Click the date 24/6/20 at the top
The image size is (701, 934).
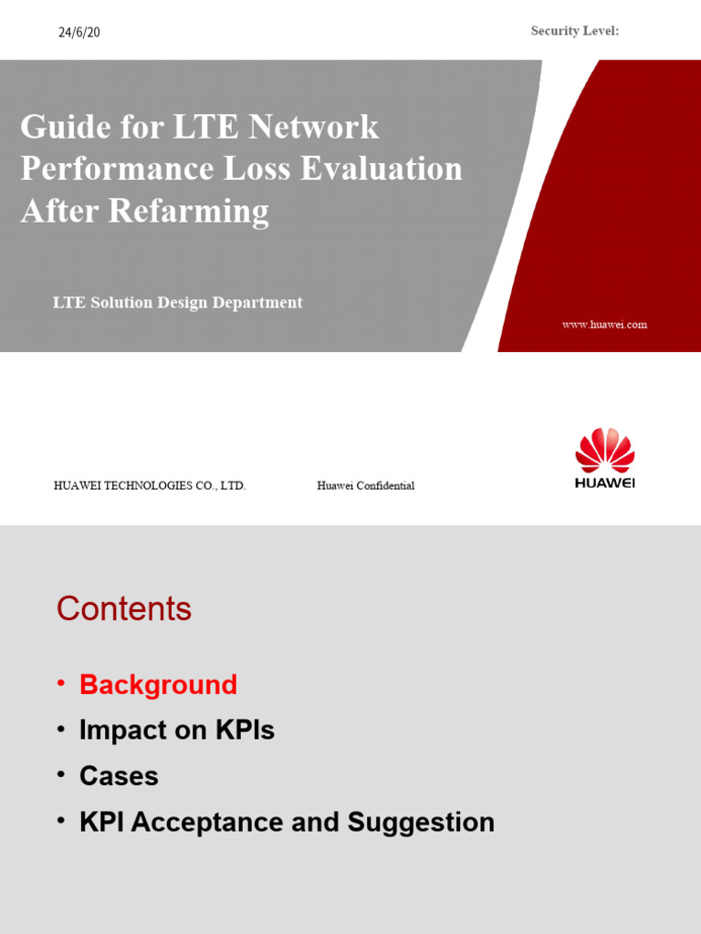coord(79,33)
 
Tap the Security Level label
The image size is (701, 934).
coord(575,31)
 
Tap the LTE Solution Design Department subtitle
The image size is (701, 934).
coord(177,303)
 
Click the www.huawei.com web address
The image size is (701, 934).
coord(604,325)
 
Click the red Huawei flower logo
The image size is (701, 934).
coord(604,451)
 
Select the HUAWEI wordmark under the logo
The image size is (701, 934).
coord(604,483)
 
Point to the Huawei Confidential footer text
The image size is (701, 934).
coord(365,486)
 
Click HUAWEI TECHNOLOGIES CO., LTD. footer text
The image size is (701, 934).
coord(150,486)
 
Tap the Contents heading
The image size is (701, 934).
coord(124,609)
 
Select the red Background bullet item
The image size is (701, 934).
coord(158,685)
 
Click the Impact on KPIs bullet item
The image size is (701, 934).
coord(176,731)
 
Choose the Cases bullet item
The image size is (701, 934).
coord(119,776)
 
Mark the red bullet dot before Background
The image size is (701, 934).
coord(61,683)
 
